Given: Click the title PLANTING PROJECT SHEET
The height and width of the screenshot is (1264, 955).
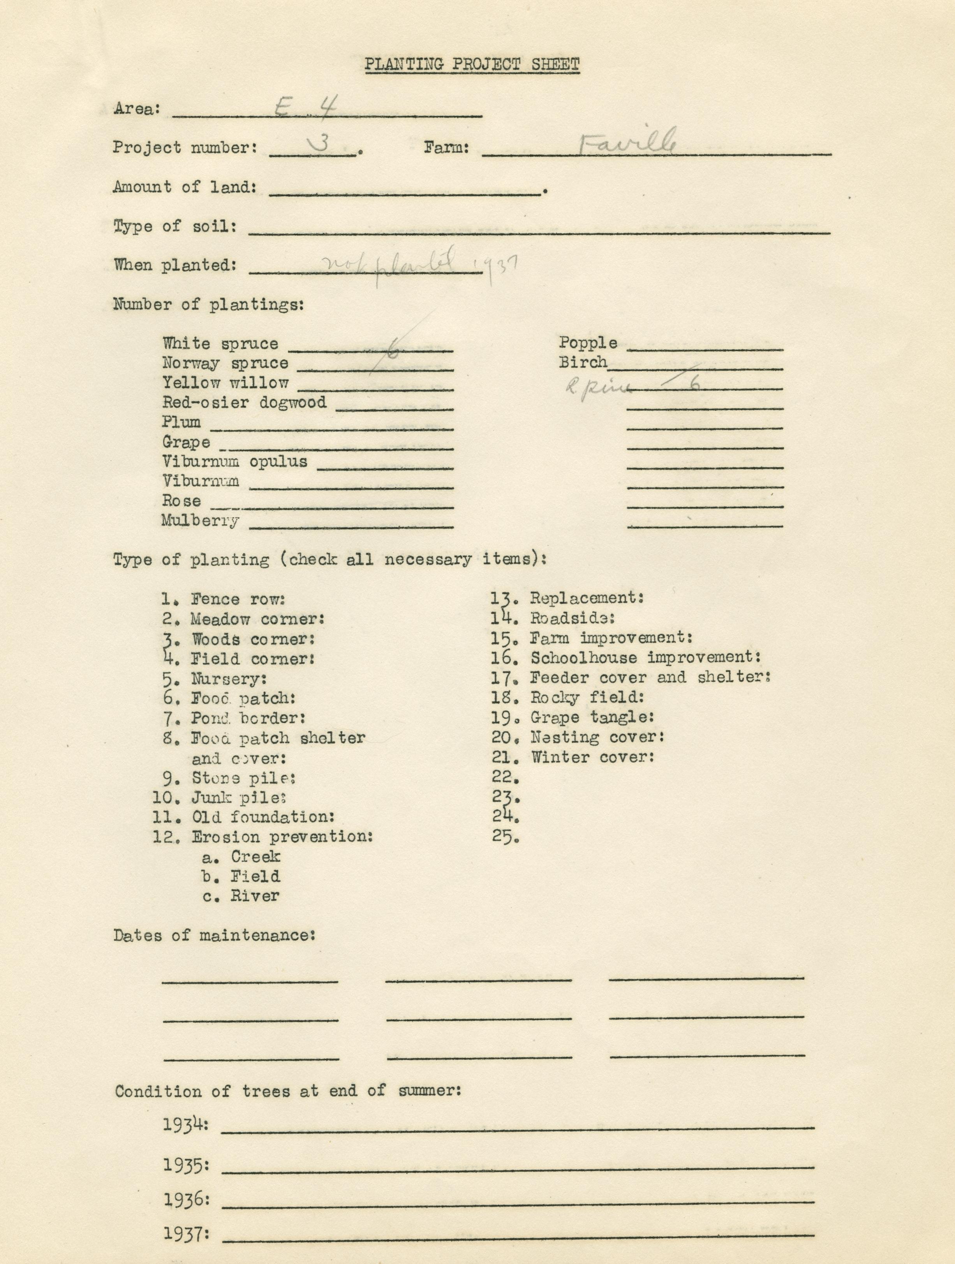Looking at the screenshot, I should tap(472, 65).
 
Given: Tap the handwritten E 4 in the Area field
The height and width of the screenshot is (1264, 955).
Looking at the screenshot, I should tap(306, 106).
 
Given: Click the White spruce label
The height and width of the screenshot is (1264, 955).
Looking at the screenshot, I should tap(220, 343).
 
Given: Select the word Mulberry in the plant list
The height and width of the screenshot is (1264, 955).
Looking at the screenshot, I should tap(201, 521).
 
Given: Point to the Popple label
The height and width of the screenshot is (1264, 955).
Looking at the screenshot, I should tap(588, 343).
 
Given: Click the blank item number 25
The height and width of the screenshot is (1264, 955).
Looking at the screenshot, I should tap(505, 837).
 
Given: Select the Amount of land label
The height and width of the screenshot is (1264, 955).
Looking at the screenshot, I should tap(185, 187).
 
